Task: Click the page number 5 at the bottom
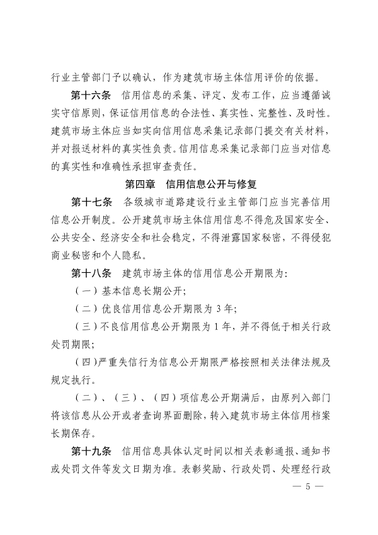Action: (308, 488)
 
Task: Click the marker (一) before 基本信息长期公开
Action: (84, 292)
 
